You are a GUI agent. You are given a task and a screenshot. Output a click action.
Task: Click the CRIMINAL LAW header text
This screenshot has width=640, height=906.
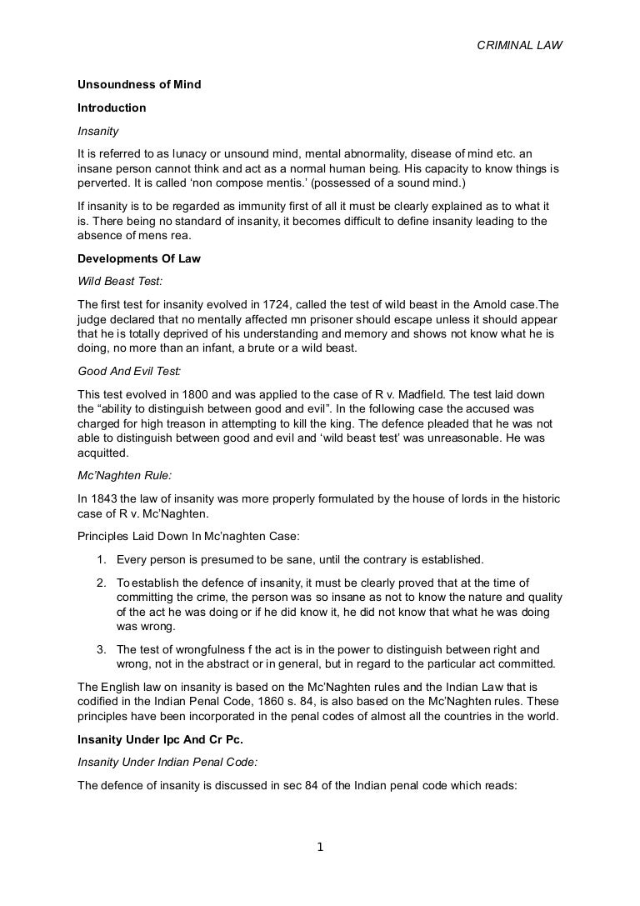click(x=519, y=46)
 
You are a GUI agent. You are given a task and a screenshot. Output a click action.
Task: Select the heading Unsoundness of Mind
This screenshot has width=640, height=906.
click(x=139, y=85)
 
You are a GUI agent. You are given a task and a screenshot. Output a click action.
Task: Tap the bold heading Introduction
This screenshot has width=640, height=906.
click(x=112, y=108)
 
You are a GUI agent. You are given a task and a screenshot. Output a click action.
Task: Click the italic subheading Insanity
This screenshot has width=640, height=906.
click(x=98, y=131)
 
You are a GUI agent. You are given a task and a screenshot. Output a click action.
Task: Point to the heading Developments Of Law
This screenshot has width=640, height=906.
click(x=139, y=259)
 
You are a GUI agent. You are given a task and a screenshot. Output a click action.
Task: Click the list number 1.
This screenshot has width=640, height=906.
click(x=99, y=558)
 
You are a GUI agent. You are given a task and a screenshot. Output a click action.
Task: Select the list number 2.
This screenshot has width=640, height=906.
click(x=99, y=582)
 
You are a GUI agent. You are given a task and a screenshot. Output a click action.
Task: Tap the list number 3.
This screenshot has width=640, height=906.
click(x=99, y=648)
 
